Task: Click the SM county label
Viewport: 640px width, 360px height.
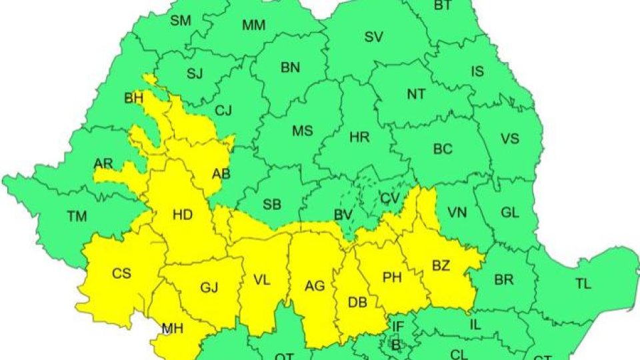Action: point(180,21)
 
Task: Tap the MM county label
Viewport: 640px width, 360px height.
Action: point(253,26)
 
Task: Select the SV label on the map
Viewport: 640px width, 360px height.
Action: point(373,37)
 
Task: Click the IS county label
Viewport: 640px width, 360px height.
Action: point(477,71)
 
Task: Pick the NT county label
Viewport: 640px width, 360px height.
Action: point(416,94)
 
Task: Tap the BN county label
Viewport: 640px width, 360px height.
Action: point(290,67)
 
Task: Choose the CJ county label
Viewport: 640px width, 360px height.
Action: point(223,111)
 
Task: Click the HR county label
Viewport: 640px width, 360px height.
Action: point(359,137)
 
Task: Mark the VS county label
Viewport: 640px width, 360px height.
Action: point(509,139)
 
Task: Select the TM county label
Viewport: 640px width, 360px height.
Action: point(77,216)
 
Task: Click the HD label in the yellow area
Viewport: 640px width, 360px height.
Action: point(182,215)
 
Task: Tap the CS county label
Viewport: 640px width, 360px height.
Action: point(121,273)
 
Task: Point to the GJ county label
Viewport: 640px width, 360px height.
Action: point(209,288)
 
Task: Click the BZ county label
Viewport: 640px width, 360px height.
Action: point(441,266)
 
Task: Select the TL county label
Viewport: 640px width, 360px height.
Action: point(583,283)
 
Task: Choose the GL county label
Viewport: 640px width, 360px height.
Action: point(509,212)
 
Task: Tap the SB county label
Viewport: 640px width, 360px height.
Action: point(272,203)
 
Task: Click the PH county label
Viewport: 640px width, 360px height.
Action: point(392,277)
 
